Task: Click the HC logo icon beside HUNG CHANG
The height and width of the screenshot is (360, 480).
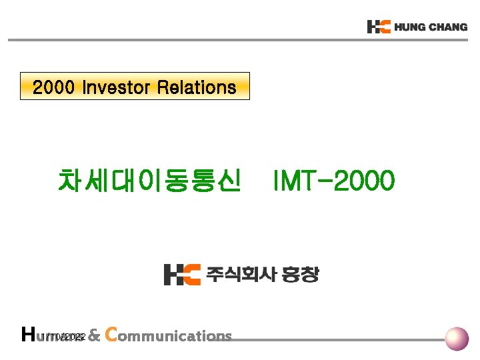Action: pos(378,27)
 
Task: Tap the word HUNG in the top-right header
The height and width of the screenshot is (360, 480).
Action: pos(409,27)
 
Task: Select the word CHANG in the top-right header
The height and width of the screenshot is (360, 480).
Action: pos(447,27)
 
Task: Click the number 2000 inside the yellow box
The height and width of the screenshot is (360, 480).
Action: pos(54,87)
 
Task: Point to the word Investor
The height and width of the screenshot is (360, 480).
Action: pos(116,87)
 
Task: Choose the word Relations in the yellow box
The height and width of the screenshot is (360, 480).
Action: pos(197,87)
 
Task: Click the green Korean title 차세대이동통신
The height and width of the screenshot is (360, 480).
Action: pos(149,180)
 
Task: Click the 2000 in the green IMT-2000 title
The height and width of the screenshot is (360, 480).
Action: pos(363,180)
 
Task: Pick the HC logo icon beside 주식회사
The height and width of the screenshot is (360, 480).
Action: pos(181,274)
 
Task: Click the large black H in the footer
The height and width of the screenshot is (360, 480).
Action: pos(28,334)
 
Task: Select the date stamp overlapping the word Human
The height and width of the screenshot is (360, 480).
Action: pos(64,337)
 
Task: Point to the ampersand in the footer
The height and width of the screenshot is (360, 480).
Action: pos(94,336)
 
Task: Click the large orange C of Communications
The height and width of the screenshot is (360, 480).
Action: pos(111,334)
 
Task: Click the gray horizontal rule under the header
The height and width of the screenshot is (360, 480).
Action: pos(240,40)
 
